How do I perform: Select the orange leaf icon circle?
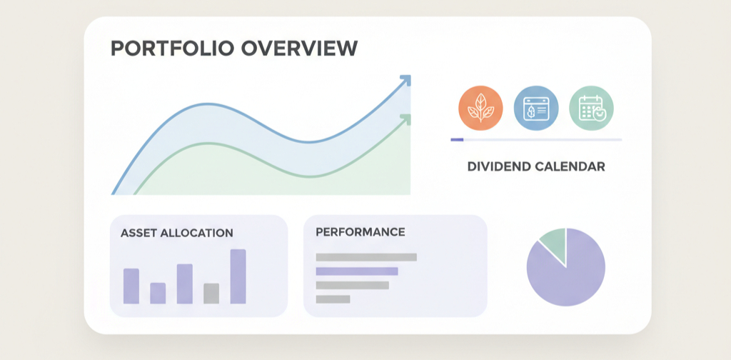point(480,109)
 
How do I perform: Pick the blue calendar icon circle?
point(535,109)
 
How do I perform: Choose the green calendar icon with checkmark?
point(591,109)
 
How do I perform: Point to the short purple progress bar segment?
point(457,139)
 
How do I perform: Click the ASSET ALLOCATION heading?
point(176,233)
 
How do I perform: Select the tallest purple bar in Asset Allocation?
point(238,276)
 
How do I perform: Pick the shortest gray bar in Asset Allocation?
point(211,294)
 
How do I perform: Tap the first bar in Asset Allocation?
point(131,286)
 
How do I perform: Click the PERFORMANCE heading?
point(360,232)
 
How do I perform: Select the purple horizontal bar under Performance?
point(356,271)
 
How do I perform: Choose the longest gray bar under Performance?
point(365,257)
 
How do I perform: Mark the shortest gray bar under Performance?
point(333,299)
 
